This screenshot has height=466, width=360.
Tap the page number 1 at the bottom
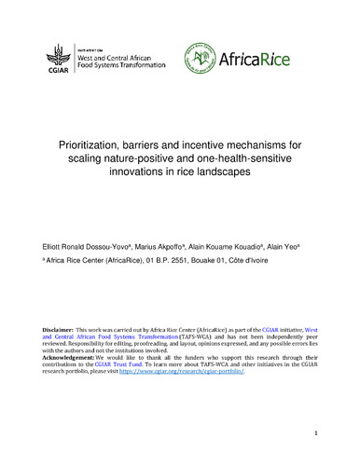click(317, 434)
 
